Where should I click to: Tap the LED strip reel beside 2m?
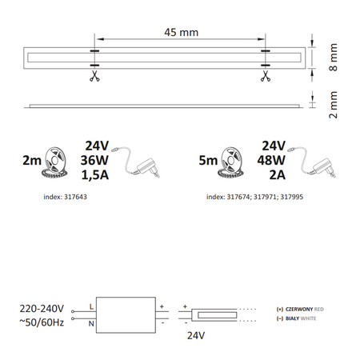tap(61, 158)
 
